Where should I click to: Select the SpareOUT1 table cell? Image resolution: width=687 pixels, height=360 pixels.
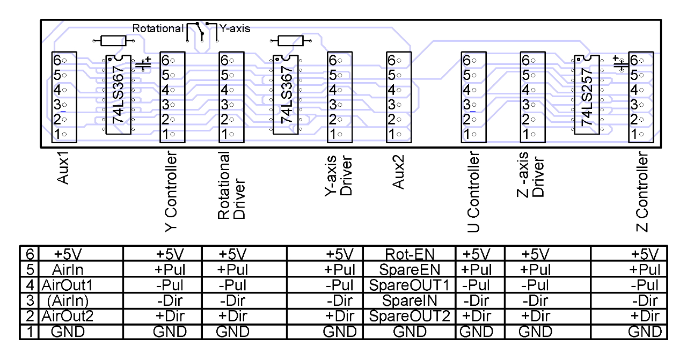pyautogui.click(x=409, y=285)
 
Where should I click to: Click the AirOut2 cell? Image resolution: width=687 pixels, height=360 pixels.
pyautogui.click(x=68, y=316)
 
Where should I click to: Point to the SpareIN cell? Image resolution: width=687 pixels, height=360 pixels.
pyautogui.click(x=409, y=300)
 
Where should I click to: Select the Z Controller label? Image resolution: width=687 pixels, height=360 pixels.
pyautogui.click(x=642, y=194)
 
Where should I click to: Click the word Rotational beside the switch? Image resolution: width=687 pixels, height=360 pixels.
pyautogui.click(x=158, y=28)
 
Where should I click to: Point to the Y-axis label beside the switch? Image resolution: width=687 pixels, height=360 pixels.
pyautogui.click(x=235, y=28)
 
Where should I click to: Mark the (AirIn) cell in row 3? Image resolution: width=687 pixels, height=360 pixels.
pyautogui.click(x=68, y=300)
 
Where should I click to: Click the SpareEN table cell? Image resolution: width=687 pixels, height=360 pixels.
pyautogui.click(x=409, y=269)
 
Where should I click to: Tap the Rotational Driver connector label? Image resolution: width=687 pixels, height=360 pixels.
pyautogui.click(x=231, y=185)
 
